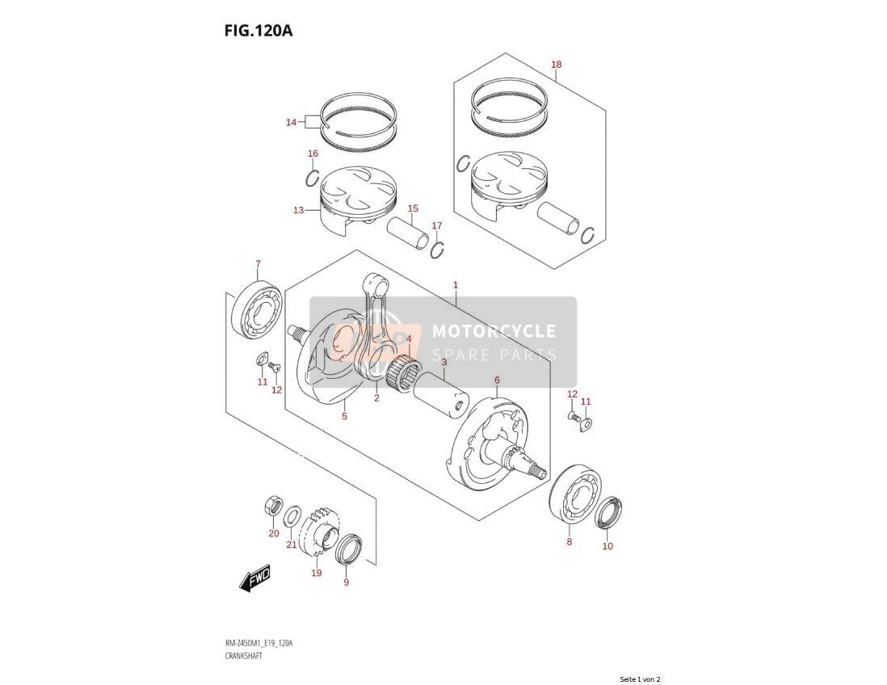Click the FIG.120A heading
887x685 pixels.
[258, 30]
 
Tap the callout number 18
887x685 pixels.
[556, 65]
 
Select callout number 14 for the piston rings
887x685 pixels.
[291, 122]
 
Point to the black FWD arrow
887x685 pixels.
[254, 578]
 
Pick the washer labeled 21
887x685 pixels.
[292, 516]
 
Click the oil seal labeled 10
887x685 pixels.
[609, 512]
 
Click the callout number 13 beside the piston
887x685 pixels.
[299, 210]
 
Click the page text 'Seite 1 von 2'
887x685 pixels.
[640, 679]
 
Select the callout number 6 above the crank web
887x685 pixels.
[498, 380]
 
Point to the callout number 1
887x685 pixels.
[456, 285]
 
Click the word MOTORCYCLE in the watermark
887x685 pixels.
[494, 331]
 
